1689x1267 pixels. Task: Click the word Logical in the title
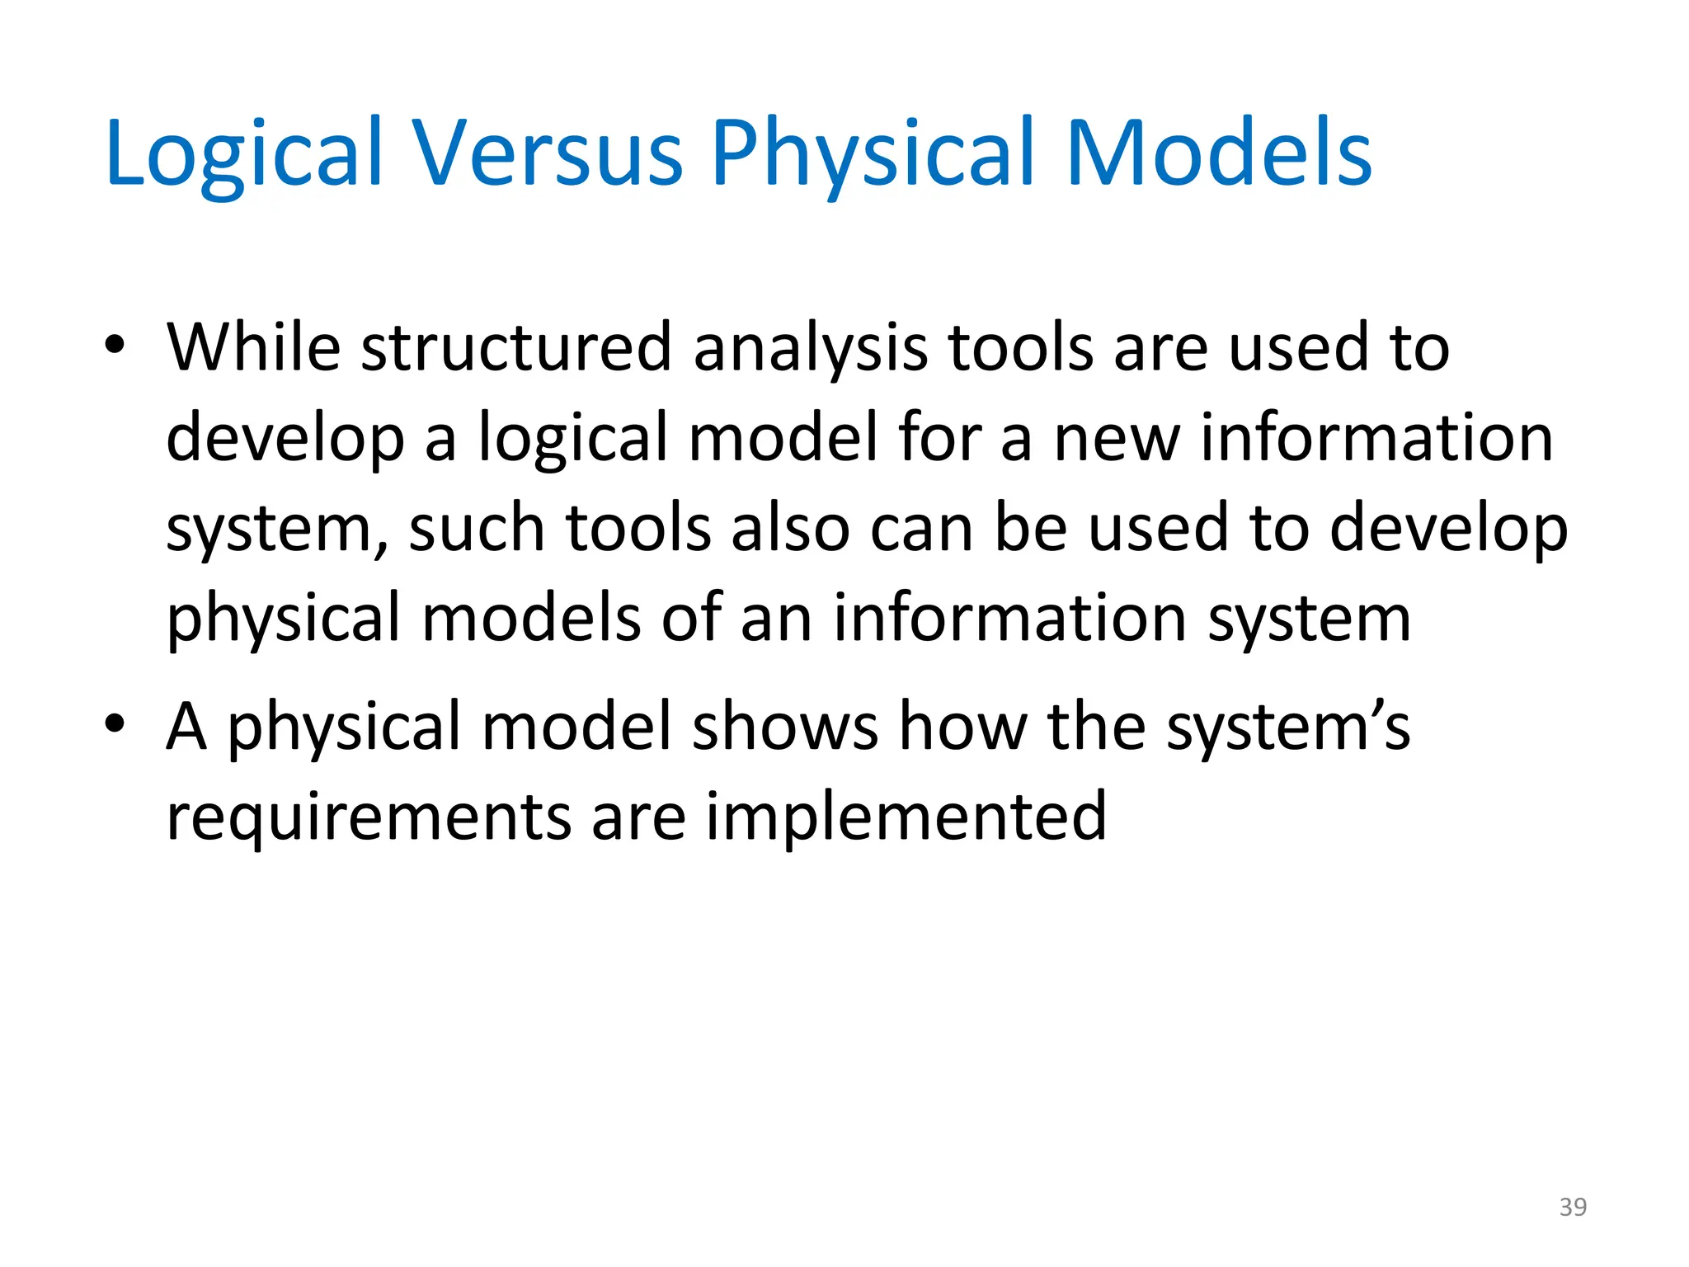point(244,153)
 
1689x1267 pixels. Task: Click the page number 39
point(1573,1207)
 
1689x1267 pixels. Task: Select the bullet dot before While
point(115,346)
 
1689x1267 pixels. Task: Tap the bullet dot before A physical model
point(115,724)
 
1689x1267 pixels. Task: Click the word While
point(253,346)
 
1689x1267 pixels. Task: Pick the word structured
point(516,346)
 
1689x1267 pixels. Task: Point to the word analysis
point(810,348)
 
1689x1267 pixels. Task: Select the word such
point(476,527)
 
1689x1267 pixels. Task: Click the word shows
point(785,726)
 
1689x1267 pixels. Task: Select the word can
point(921,529)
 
